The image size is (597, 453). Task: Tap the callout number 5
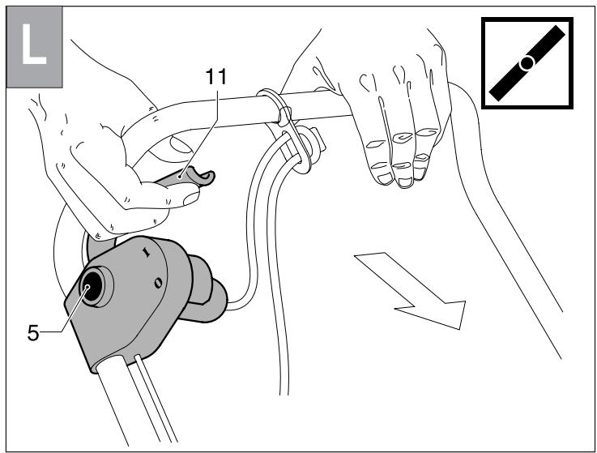[x=32, y=332]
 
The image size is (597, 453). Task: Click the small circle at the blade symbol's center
[x=527, y=62]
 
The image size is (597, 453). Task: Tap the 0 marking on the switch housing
[x=157, y=282]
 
